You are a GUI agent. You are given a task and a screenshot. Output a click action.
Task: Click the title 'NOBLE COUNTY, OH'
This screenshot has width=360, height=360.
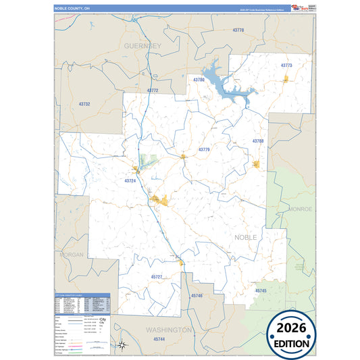[x=72, y=8]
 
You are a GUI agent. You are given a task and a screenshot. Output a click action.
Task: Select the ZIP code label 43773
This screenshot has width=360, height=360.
[x=286, y=66]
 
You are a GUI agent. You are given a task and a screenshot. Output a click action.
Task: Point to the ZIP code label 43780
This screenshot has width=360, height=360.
[x=199, y=80]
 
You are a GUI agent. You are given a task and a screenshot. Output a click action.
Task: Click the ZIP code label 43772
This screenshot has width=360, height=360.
[x=152, y=91]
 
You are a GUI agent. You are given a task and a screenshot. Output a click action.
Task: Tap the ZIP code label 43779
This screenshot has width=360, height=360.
[x=204, y=149]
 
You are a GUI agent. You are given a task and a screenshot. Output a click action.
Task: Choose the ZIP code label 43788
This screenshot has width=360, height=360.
[x=258, y=140]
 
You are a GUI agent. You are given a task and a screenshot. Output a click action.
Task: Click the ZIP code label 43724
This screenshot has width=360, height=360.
[x=130, y=180]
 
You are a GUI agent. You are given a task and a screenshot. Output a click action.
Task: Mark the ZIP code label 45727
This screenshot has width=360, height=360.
[x=157, y=277]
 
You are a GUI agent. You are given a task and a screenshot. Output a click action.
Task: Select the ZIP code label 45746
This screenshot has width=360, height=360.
[x=197, y=296]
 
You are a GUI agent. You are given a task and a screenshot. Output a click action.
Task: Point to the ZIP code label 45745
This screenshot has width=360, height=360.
[x=261, y=290]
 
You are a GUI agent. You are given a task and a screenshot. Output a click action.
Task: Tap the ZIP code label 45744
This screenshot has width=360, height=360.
[x=159, y=338]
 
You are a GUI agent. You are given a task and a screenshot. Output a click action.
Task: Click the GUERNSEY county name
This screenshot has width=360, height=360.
[x=143, y=45]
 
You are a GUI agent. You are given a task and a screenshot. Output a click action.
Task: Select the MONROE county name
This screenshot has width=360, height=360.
[x=301, y=209]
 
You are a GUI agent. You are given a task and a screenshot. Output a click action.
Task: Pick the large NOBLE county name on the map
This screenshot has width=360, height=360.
[x=246, y=238]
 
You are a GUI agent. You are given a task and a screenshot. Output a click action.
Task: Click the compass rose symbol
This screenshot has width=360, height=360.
[x=122, y=345]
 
